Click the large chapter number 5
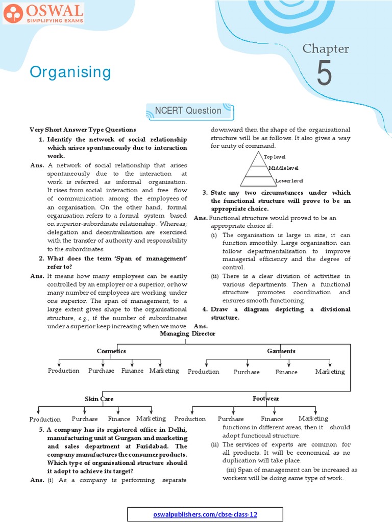(x=324, y=73)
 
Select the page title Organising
(x=70, y=72)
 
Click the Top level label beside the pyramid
(x=275, y=156)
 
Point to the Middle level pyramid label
(x=283, y=168)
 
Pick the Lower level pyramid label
(x=289, y=180)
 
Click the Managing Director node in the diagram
(x=187, y=333)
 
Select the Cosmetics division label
(x=111, y=351)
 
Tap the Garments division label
(x=281, y=351)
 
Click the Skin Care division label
(x=99, y=399)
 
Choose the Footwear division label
(x=265, y=399)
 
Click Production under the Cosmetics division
(x=64, y=371)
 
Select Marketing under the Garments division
(x=330, y=372)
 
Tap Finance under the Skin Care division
(x=119, y=419)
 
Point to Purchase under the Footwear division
(x=231, y=419)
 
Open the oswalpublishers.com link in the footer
(x=205, y=514)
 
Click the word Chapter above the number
(x=326, y=48)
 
